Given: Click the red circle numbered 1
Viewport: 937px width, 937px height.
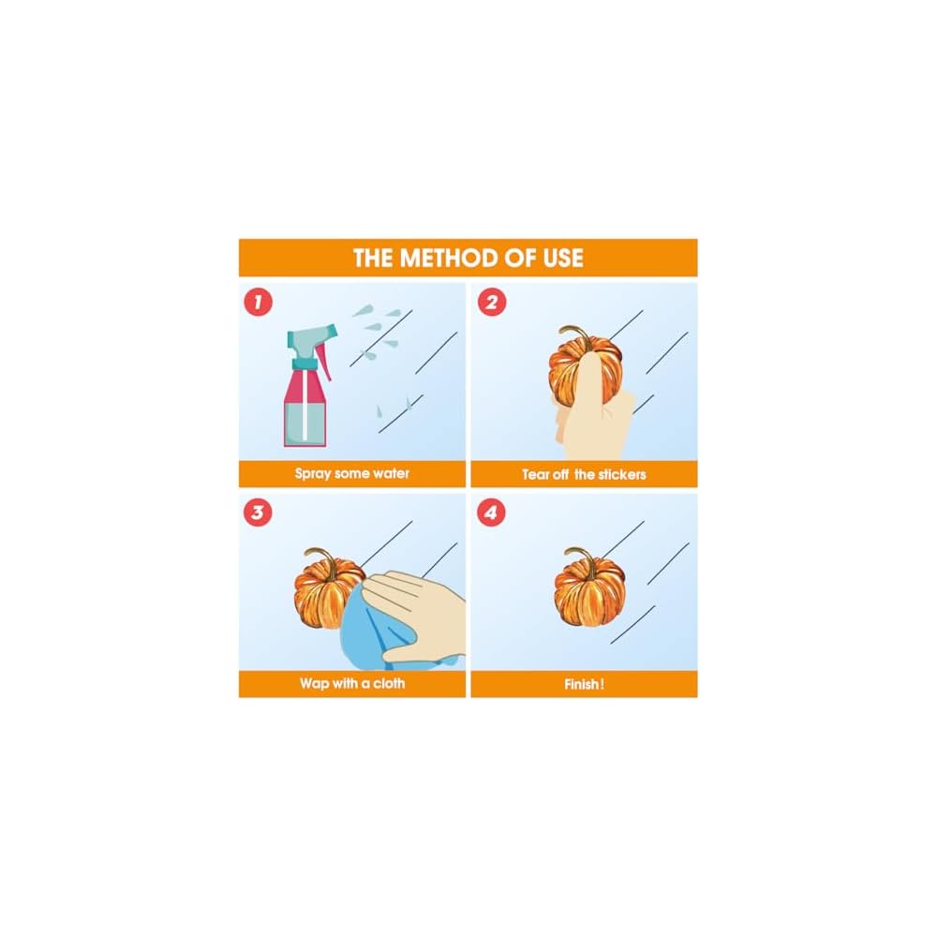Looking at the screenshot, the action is point(259,303).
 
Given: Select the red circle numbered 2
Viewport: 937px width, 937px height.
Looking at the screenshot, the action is point(492,303).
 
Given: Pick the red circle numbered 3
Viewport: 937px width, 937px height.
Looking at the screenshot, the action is point(258,513).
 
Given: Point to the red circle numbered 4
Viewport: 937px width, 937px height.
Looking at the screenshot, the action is point(491,513).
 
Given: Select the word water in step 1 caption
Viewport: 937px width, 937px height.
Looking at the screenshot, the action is point(391,474).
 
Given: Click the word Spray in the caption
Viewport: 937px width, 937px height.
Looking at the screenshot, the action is point(313,474).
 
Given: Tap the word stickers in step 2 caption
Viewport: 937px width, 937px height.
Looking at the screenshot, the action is point(622,474).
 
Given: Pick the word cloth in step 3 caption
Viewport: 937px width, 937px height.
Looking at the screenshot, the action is point(389,683).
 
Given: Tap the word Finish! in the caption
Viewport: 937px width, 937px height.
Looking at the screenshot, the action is point(585,684).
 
